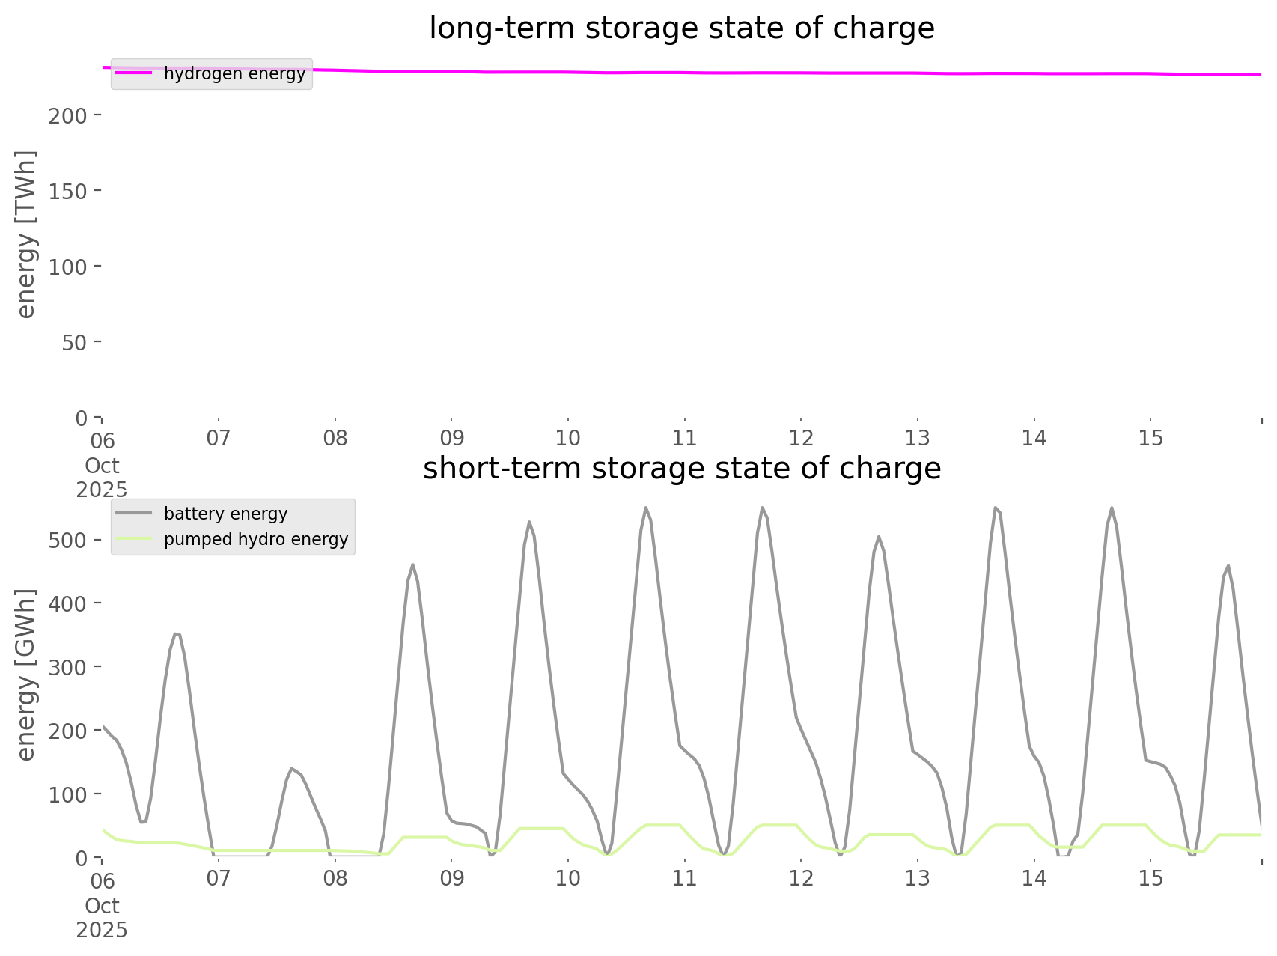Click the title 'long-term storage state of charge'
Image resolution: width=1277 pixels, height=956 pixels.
coord(681,28)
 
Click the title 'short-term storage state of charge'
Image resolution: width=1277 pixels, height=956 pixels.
coord(681,469)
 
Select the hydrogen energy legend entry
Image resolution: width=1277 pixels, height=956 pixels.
coord(234,73)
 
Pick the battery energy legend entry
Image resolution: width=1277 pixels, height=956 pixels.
coord(225,514)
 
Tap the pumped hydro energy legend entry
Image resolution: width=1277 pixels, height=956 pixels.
coord(255,539)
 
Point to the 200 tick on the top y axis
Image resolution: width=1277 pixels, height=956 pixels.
coord(68,115)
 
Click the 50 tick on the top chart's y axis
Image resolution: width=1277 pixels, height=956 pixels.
coord(73,342)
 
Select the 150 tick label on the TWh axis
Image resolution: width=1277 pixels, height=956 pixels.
coord(68,191)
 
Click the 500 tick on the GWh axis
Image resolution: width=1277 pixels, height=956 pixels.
coord(68,541)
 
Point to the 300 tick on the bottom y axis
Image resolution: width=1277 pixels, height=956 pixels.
coord(68,667)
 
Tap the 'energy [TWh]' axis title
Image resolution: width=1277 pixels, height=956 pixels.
coord(26,234)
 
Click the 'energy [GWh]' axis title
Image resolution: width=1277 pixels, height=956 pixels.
coord(26,675)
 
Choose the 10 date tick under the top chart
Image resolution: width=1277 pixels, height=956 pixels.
coord(568,438)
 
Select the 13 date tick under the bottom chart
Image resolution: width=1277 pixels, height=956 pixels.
coord(918,878)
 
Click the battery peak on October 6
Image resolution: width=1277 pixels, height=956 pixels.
coord(176,633)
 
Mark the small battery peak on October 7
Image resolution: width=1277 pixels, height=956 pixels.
coord(291,768)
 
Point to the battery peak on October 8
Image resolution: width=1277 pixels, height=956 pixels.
coord(412,564)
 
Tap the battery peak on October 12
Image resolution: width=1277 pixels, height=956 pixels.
coord(879,536)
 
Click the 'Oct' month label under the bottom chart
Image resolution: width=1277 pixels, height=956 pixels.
coord(103,906)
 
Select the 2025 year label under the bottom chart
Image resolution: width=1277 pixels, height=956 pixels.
coord(103,931)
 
